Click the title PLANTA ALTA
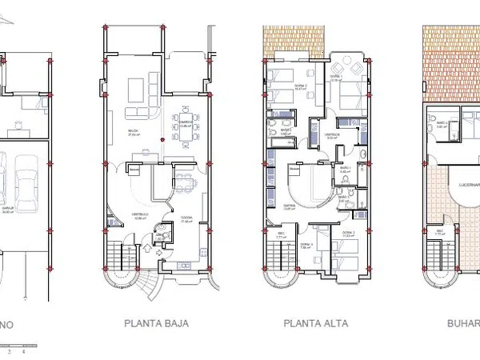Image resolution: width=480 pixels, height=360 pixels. pyautogui.click(x=313, y=324)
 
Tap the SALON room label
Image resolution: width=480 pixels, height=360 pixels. pyautogui.click(x=134, y=132)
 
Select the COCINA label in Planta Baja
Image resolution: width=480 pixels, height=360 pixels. pyautogui.click(x=186, y=221)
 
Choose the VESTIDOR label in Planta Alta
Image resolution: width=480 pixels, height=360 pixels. pyautogui.click(x=332, y=134)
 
